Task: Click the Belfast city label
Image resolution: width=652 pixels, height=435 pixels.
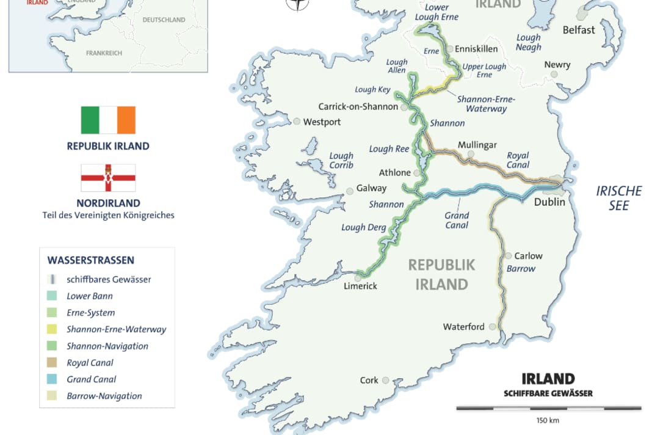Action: pyautogui.click(x=578, y=30)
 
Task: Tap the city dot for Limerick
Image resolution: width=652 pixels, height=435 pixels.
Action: pyautogui.click(x=358, y=277)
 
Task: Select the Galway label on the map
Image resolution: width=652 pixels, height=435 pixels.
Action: pyautogui.click(x=371, y=188)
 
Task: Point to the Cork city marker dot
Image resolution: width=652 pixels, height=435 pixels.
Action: pyautogui.click(x=386, y=380)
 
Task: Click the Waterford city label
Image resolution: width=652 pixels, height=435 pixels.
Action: pyautogui.click(x=463, y=327)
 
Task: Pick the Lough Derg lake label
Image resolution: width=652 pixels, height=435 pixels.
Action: pyautogui.click(x=363, y=227)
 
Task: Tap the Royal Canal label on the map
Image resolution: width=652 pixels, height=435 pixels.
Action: pyautogui.click(x=518, y=160)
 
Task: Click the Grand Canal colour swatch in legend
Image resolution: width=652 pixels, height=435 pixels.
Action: pyautogui.click(x=52, y=379)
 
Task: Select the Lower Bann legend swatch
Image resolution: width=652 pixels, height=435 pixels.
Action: pyautogui.click(x=52, y=296)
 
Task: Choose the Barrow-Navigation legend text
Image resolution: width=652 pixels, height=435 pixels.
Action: pyautogui.click(x=104, y=396)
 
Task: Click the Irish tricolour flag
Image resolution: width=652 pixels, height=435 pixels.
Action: pyautogui.click(x=108, y=120)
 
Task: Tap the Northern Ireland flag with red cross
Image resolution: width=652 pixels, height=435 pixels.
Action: pyautogui.click(x=108, y=178)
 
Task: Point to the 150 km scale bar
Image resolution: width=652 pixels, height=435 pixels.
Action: pyautogui.click(x=548, y=408)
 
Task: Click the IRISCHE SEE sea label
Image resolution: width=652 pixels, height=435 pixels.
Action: pyautogui.click(x=618, y=198)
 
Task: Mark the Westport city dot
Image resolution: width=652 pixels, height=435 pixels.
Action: pyautogui.click(x=297, y=122)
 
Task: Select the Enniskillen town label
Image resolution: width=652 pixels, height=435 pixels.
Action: pyautogui.click(x=477, y=49)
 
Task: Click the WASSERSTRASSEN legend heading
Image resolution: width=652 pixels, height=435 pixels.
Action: pyautogui.click(x=90, y=260)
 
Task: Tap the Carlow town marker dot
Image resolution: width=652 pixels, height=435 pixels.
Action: pyautogui.click(x=508, y=256)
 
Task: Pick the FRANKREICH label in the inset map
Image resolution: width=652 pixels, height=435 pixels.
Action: pyautogui.click(x=104, y=53)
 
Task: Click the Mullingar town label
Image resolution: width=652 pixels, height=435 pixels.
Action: pyautogui.click(x=477, y=145)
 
